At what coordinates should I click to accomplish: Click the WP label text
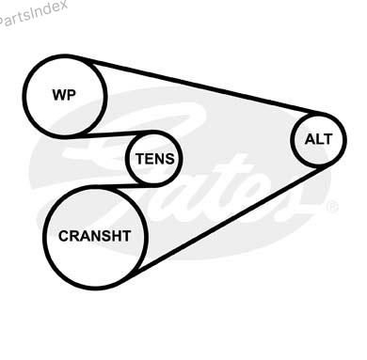(64, 94)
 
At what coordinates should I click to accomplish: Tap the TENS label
(155, 159)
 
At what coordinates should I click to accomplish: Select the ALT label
(318, 139)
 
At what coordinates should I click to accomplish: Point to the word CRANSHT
(94, 236)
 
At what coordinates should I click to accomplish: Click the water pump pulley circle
(24, 97)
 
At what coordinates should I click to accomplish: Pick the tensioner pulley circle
(127, 159)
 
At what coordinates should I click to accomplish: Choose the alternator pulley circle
(293, 140)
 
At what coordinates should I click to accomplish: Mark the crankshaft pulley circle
(44, 237)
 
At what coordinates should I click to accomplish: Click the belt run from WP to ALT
(200, 86)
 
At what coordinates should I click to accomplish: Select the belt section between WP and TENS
(110, 134)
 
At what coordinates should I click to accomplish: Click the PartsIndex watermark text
(33, 15)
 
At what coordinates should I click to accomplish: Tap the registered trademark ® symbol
(332, 207)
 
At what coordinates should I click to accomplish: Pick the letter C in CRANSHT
(64, 236)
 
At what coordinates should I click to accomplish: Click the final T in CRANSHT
(126, 236)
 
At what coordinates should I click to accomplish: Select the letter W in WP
(59, 95)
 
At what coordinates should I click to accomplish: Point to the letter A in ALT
(310, 139)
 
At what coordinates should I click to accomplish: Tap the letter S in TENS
(169, 159)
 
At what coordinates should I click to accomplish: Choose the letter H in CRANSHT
(115, 236)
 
